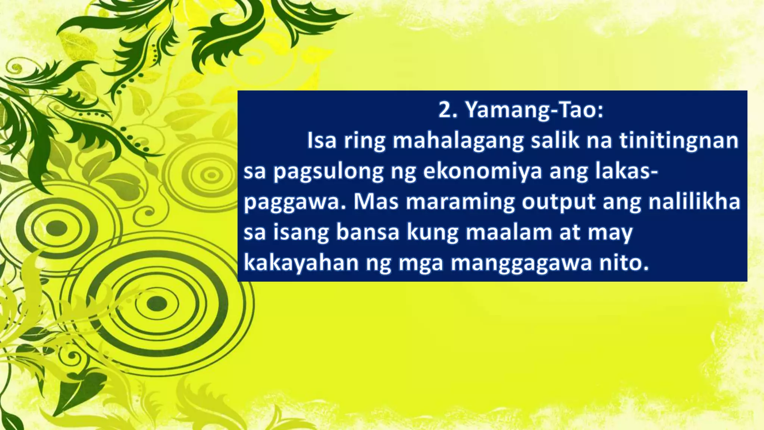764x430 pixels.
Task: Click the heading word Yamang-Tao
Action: coord(534,110)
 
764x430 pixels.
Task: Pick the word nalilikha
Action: coord(694,202)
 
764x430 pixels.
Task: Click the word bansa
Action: coord(368,232)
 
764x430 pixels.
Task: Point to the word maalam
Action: coord(509,232)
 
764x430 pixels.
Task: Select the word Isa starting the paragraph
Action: coord(322,141)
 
